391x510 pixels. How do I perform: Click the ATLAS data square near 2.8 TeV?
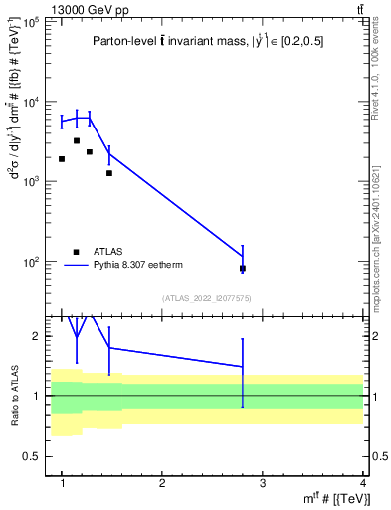(243, 268)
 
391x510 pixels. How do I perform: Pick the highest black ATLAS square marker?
(77, 141)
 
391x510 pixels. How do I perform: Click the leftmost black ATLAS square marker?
(62, 159)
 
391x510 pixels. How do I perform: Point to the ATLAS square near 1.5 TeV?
(109, 173)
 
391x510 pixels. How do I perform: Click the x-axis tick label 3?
(262, 483)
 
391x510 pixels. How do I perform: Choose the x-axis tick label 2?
(162, 483)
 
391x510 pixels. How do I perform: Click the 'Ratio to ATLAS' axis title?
(15, 396)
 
